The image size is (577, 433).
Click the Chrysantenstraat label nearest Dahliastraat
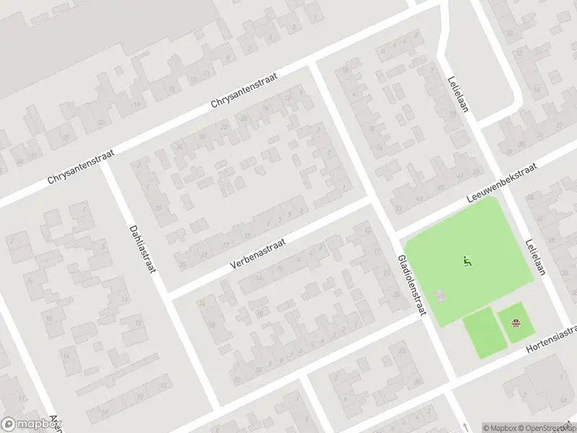tap(81, 167)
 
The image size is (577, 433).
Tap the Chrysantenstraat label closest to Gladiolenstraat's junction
tap(245, 90)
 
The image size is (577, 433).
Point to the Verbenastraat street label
tap(258, 254)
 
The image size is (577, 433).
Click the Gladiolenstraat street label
tap(412, 284)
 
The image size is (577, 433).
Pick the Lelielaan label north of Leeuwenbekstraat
tap(456, 95)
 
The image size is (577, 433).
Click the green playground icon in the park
tap(466, 261)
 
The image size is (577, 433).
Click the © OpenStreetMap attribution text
tap(547, 427)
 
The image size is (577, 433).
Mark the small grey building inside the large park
tap(440, 297)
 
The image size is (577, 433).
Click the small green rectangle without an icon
tap(480, 332)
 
